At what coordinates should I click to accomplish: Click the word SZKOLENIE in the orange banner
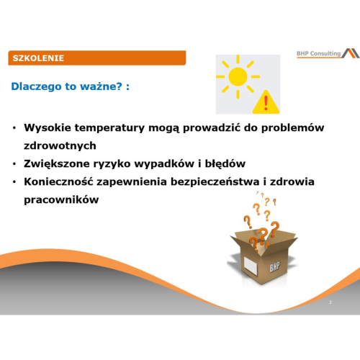(x=38, y=58)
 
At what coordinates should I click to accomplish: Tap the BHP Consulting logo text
(x=319, y=54)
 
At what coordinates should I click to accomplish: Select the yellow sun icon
(x=236, y=78)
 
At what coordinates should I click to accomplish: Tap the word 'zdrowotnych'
(x=60, y=145)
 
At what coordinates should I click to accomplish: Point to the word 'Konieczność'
(x=60, y=182)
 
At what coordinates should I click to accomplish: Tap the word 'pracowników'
(x=60, y=200)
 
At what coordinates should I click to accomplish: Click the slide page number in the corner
(x=330, y=302)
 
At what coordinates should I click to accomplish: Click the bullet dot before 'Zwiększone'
(x=15, y=164)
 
